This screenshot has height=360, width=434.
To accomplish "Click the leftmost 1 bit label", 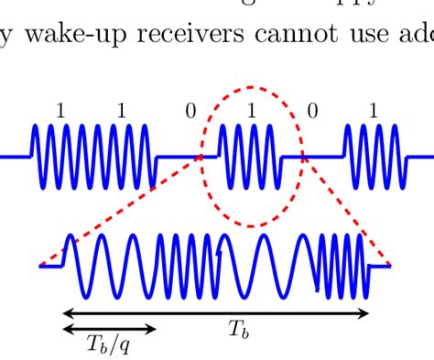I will (60, 112).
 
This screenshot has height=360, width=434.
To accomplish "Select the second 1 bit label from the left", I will (122, 112).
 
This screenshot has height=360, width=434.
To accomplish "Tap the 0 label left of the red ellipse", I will (190, 112).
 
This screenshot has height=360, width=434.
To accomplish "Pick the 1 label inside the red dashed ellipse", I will (251, 112).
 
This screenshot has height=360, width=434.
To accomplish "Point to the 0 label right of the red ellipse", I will (312, 112).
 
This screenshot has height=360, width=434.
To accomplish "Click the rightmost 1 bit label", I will (373, 112).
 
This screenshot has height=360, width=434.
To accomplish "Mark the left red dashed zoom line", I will (119, 211).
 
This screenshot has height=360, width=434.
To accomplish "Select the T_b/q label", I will (107, 344).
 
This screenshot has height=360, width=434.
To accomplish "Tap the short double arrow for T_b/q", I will (108, 328).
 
